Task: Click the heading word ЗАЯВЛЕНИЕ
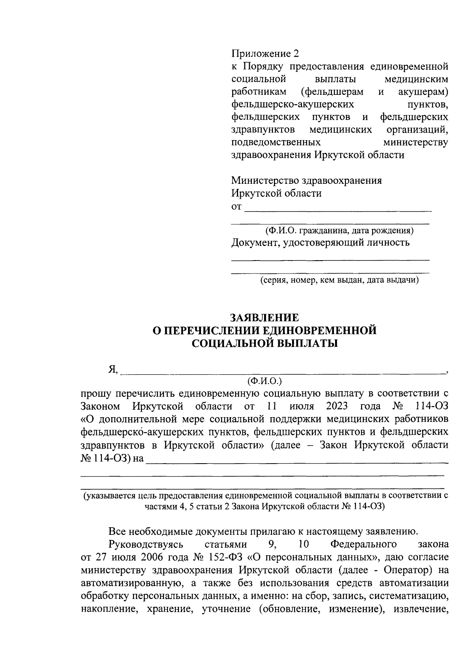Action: pos(264,318)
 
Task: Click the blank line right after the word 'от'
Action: pos(338,209)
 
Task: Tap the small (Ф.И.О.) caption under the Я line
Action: pos(264,381)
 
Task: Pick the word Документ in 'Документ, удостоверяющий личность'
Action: pos(251,243)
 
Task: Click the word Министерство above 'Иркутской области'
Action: pos(264,181)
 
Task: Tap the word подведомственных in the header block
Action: pos(276,142)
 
